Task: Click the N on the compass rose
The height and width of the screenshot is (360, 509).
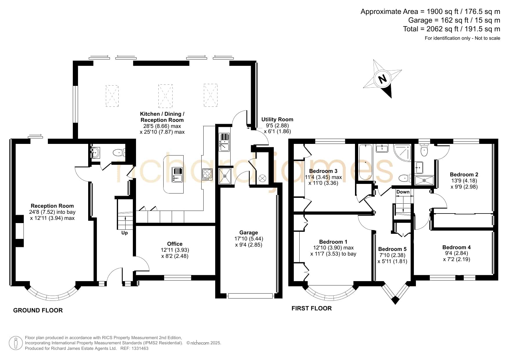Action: pyautogui.click(x=383, y=79)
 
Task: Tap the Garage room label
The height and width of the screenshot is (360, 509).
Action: pyautogui.click(x=249, y=233)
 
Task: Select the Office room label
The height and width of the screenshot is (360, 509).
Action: pyautogui.click(x=175, y=244)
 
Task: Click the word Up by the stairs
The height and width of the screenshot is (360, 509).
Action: pyautogui.click(x=124, y=233)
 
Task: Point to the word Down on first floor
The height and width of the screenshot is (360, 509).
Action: pyautogui.click(x=403, y=192)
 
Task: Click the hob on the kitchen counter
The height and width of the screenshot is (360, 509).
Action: pyautogui.click(x=207, y=174)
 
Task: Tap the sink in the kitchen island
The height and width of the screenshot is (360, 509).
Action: pyautogui.click(x=177, y=175)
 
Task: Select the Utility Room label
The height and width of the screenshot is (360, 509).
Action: pyautogui.click(x=277, y=119)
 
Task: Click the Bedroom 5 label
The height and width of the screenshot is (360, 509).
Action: pyautogui.click(x=392, y=249)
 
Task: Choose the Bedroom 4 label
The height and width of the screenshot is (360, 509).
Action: pyautogui.click(x=456, y=247)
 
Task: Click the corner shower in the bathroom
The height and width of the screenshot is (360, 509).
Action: pyautogui.click(x=403, y=153)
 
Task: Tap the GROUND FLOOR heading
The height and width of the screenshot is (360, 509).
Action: pyautogui.click(x=38, y=310)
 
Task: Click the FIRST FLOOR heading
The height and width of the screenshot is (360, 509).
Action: pyautogui.click(x=311, y=308)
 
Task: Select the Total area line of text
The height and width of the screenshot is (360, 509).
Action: pyautogui.click(x=452, y=29)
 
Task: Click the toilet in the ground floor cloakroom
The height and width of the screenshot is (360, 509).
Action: pyautogui.click(x=119, y=152)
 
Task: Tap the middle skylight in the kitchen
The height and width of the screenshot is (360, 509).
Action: pyautogui.click(x=165, y=96)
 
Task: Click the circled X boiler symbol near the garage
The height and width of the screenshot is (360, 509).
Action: pyautogui.click(x=262, y=178)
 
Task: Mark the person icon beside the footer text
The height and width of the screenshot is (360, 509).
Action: pyautogui.click(x=16, y=343)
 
